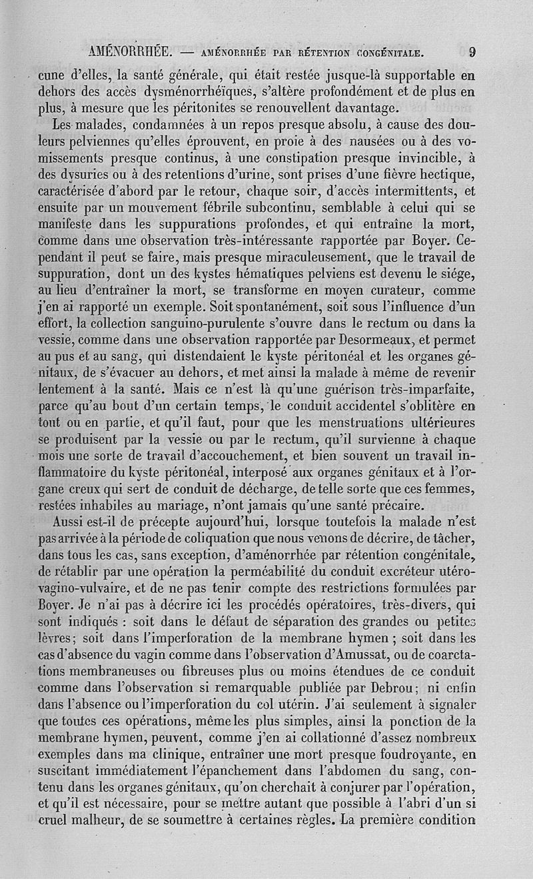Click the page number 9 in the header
472,51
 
